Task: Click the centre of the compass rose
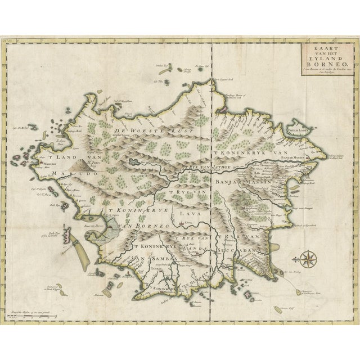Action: pyautogui.click(x=308, y=260)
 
